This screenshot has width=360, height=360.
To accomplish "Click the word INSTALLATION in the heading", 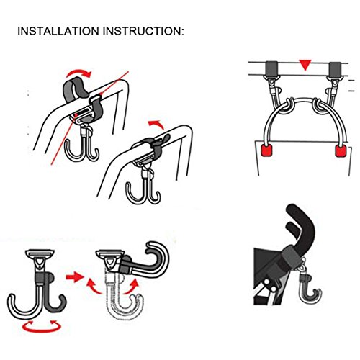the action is tap(58, 31).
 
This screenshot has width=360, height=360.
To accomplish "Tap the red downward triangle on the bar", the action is tap(305, 65).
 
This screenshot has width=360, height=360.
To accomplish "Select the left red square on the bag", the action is tap(267, 150).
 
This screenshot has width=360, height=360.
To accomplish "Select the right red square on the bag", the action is tap(341, 150).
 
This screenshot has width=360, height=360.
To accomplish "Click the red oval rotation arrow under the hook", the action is tap(41, 326).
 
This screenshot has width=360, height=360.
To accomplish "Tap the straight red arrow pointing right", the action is tap(74, 277).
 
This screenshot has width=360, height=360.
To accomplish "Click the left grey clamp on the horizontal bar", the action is tap(271, 68).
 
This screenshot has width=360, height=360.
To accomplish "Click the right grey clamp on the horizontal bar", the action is tap(335, 69).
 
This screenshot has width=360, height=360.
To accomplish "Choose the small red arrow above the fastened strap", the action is tap(156, 125).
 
